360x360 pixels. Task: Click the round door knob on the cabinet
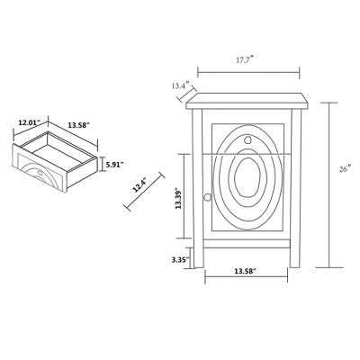click(207, 197)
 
